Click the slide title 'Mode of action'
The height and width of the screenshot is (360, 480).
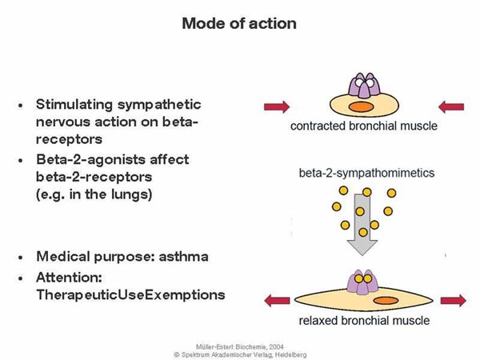[239, 23]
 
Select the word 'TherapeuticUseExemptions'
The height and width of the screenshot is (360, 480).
[130, 294]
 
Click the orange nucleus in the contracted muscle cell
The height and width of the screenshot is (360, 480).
[359, 106]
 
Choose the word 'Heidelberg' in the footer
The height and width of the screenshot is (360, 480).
[287, 351]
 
